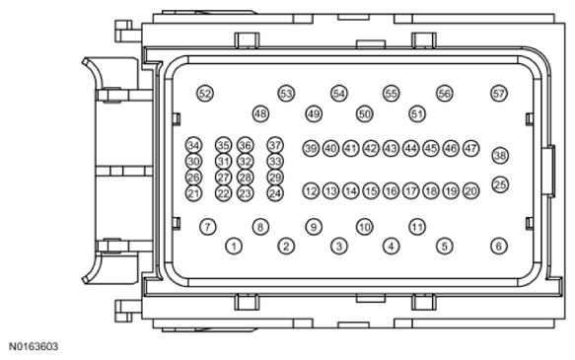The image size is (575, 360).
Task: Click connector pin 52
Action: [x=205, y=94]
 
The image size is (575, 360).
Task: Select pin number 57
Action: [x=499, y=94]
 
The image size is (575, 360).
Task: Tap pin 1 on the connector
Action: [x=234, y=246]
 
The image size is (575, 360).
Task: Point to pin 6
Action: [x=499, y=246]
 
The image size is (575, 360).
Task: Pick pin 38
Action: [x=500, y=156]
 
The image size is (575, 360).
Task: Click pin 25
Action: [x=500, y=184]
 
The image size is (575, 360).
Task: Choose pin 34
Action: [x=193, y=145]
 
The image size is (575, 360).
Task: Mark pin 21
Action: [x=193, y=193]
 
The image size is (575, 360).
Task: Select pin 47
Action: [x=470, y=149]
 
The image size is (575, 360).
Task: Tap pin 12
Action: [x=311, y=191]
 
